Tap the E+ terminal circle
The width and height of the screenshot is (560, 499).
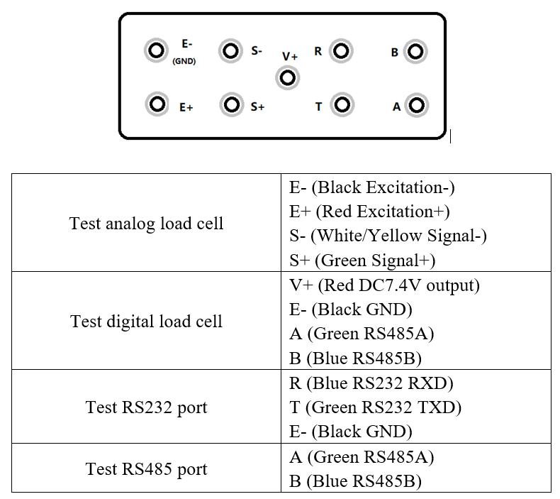[156, 104]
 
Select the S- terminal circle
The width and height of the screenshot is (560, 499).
[230, 50]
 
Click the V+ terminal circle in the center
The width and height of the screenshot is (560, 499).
[287, 77]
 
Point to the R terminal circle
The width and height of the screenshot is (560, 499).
[341, 51]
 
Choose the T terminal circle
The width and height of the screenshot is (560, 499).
[342, 105]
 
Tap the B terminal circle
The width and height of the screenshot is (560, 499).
[415, 51]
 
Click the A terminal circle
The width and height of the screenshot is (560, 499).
[417, 106]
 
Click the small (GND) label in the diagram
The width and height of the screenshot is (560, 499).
[184, 62]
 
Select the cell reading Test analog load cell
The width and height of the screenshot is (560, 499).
[147, 224]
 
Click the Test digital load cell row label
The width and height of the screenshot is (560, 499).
[147, 322]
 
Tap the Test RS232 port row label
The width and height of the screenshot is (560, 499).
[147, 407]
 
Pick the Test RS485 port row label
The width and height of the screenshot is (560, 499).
[147, 469]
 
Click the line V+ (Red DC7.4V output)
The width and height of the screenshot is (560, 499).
[385, 285]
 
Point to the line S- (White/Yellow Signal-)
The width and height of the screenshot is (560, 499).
[388, 236]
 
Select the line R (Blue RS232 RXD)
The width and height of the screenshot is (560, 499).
[371, 383]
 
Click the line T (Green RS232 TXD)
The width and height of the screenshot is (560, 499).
[376, 407]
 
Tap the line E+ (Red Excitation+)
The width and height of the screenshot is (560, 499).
[370, 212]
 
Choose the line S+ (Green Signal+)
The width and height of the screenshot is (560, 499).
[362, 261]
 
